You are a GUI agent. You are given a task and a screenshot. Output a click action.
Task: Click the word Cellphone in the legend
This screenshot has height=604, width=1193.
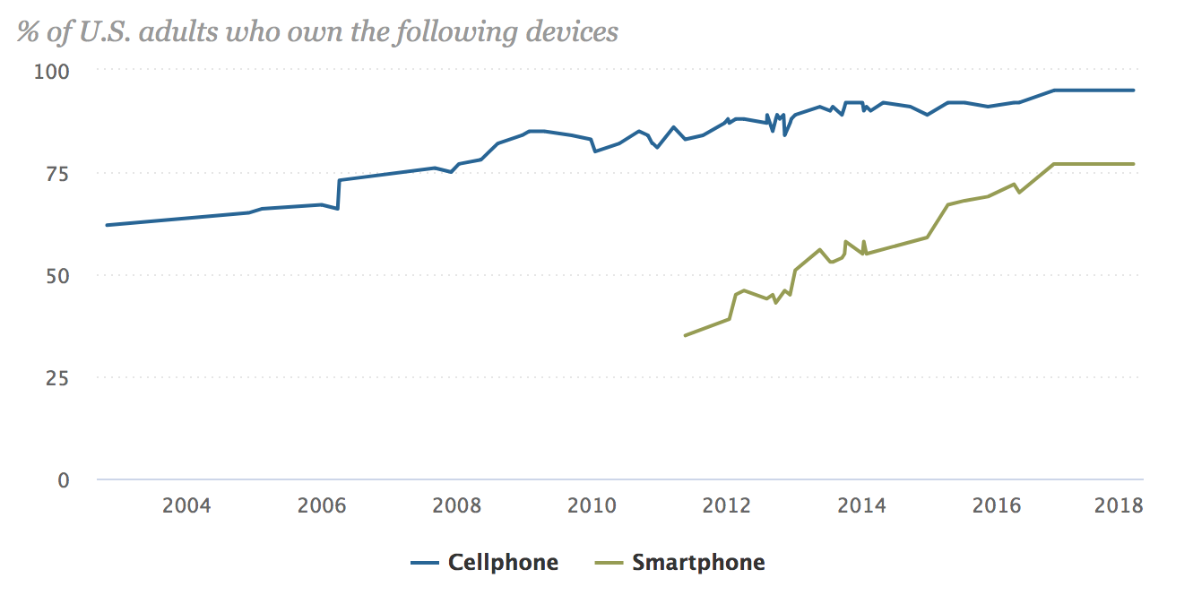[503, 563]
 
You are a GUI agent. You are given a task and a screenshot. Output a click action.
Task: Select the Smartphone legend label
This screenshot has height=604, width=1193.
[698, 563]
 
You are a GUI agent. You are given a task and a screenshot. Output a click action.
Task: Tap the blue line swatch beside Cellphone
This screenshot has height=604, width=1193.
[425, 564]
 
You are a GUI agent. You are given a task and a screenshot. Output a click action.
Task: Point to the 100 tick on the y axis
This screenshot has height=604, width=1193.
[51, 70]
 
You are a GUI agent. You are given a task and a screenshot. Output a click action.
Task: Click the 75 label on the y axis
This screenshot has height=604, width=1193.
[56, 172]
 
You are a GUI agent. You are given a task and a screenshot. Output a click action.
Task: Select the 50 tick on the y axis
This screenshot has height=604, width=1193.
[56, 275]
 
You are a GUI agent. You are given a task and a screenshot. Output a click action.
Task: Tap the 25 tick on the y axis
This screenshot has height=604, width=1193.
[56, 377]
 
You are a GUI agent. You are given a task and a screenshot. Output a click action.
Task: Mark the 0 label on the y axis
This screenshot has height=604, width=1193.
[63, 480]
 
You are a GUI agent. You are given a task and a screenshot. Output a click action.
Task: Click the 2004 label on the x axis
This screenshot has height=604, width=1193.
[186, 505]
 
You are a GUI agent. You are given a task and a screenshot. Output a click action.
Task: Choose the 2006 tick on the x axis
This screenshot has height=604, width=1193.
[322, 505]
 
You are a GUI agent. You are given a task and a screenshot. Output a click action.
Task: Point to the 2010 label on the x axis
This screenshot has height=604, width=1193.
[592, 505]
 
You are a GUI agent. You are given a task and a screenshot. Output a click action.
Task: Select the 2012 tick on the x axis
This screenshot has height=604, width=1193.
[727, 505]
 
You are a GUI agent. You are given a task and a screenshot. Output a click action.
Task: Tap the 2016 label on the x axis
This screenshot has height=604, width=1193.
[997, 505]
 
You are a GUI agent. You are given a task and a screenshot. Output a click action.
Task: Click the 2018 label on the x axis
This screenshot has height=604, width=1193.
[1119, 505]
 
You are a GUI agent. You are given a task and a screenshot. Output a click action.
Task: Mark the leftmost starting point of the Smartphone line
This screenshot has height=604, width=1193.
[685, 335]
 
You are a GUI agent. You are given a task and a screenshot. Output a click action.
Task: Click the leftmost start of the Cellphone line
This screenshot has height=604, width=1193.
[107, 225]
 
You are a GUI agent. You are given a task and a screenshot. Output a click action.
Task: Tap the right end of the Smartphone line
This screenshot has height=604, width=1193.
[1134, 164]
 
